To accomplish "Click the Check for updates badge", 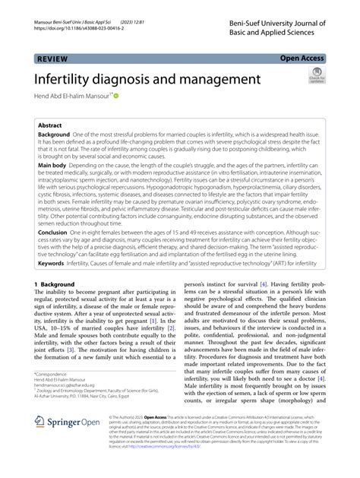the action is tap(316, 78).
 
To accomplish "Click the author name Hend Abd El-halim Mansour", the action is tap(75, 97).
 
